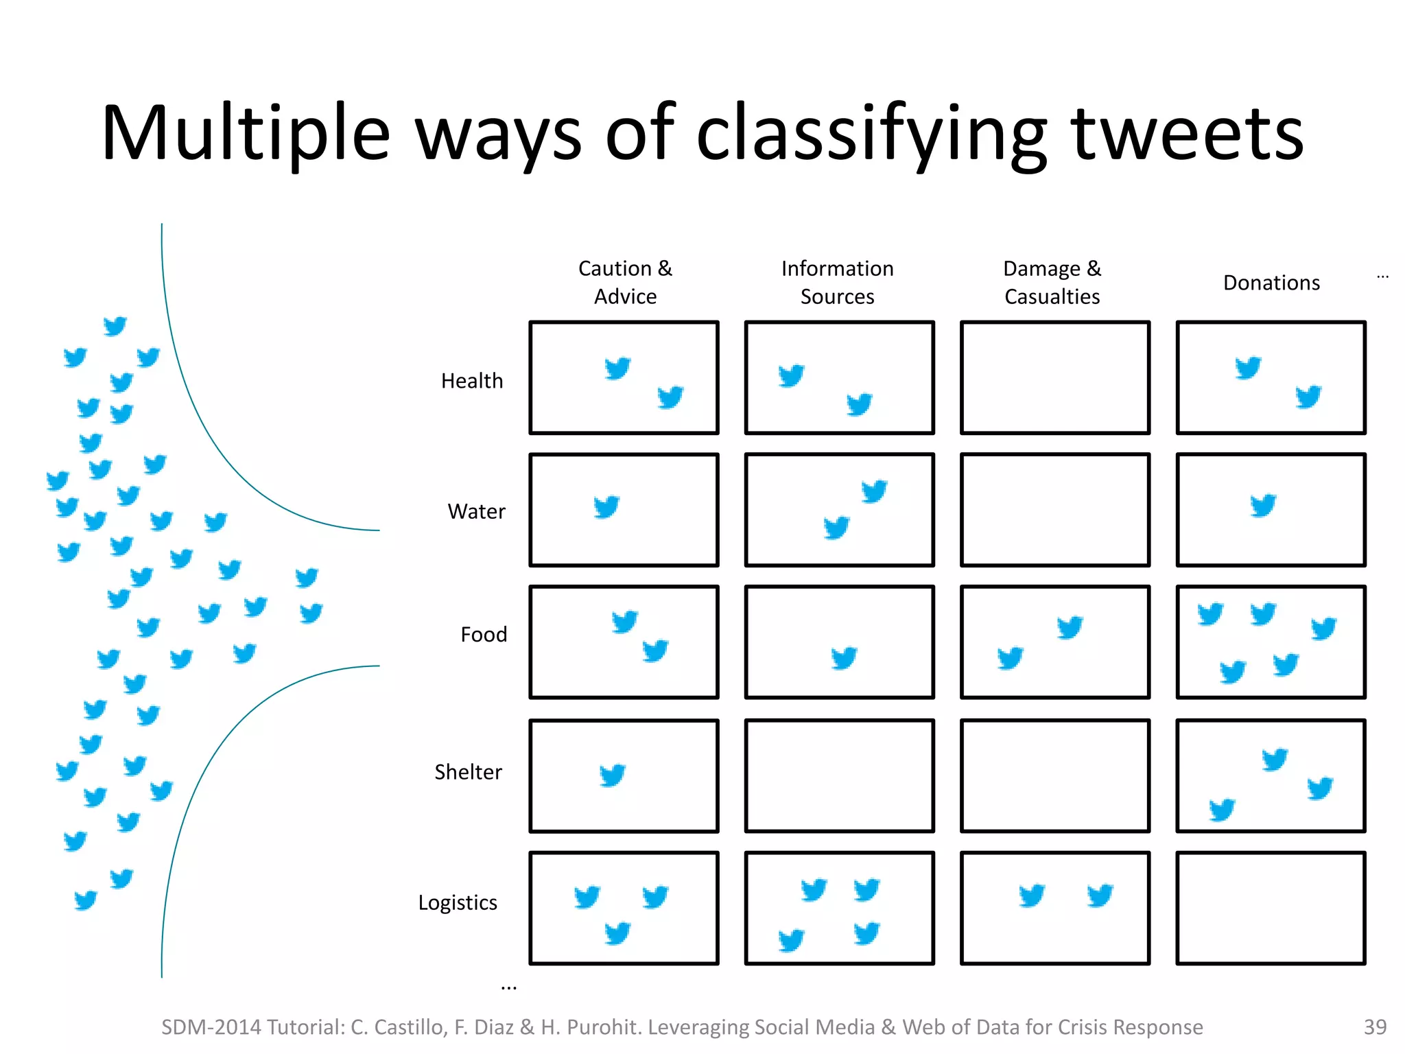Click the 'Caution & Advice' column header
pos(625,282)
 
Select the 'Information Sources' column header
pos(837,282)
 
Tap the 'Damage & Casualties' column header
pos(1052,282)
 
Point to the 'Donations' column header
pos(1271,283)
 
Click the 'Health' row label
pos(472,381)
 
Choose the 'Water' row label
pos(476,511)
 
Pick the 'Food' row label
pos(484,634)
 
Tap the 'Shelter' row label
pos(468,772)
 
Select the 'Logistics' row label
pos(458,902)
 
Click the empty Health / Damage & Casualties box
pos(1055,377)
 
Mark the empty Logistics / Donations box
pos(1271,908)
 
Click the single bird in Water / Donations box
pos(1263,506)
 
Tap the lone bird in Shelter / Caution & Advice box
pos(613,775)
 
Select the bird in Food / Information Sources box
pos(844,658)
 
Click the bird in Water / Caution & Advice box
pos(606,507)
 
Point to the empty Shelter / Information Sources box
pos(840,775)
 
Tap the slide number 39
pos(1375,1027)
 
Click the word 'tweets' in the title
pos(1187,134)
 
